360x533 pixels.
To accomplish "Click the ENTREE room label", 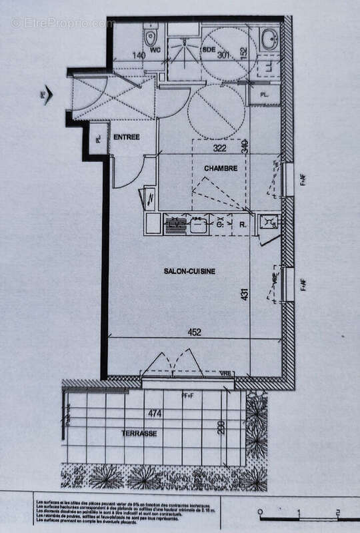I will coord(126,137).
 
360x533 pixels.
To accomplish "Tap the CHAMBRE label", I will coord(221,169).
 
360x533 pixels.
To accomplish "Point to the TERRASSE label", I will coord(139,433).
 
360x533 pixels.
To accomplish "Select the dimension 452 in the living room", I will coord(194,331).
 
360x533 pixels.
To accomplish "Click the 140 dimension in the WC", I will coord(139,57).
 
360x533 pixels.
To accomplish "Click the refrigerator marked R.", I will coord(243,225).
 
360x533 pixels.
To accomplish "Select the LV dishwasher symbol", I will coord(175,225).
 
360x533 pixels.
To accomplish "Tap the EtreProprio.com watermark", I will coord(63,23).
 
